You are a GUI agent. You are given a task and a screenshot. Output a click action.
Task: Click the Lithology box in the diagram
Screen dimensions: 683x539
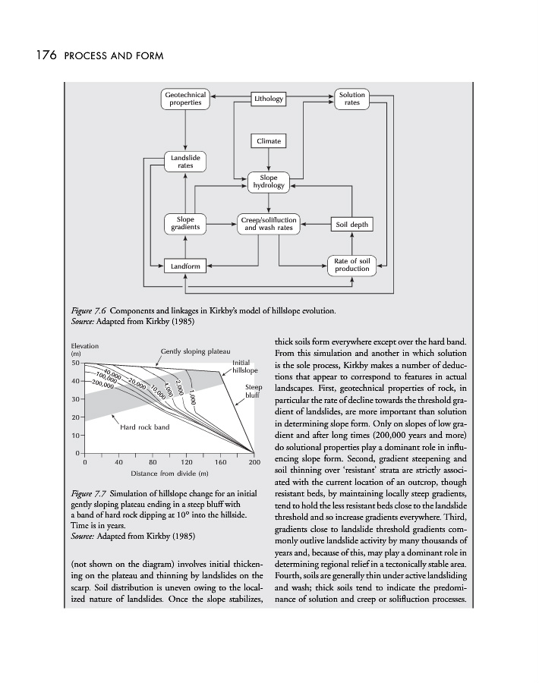[269, 99]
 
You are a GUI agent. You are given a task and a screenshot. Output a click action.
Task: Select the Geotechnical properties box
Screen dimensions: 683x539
[186, 99]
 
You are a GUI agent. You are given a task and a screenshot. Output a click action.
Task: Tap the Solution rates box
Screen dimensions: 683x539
[351, 99]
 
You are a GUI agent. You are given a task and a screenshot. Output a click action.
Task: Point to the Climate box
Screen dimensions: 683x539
[269, 141]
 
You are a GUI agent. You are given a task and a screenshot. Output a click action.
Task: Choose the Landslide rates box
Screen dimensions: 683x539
[185, 161]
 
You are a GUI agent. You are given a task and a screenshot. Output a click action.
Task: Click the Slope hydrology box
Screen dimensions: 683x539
[269, 182]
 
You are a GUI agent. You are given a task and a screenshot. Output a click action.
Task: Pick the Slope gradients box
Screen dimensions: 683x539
[185, 224]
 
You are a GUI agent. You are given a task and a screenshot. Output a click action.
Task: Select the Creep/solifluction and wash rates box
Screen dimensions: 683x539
[269, 224]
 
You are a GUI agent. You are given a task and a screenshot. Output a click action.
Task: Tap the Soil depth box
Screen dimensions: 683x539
[351, 225]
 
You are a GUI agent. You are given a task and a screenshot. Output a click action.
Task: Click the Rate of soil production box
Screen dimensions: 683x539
[351, 266]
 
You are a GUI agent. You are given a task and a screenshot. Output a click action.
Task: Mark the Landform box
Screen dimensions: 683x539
[185, 266]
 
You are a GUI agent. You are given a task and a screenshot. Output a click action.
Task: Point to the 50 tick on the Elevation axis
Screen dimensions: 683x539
[74, 363]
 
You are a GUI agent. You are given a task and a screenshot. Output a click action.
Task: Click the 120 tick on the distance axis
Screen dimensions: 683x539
[186, 461]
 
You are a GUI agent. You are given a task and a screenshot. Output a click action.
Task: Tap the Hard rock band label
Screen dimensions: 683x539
[145, 428]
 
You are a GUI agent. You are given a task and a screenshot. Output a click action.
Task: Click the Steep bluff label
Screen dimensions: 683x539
[254, 392]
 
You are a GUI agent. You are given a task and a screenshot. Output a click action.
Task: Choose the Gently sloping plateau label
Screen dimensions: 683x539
[196, 352]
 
